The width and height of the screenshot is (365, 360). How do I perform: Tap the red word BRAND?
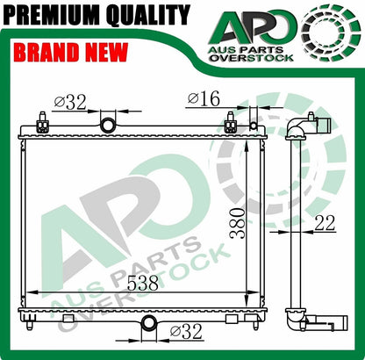click(47, 52)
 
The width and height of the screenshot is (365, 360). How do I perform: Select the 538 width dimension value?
click(143, 283)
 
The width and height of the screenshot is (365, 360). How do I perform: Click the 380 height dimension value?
click(237, 223)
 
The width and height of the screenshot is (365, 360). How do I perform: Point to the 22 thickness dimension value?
click(324, 223)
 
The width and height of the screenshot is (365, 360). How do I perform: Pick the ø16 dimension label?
click(204, 98)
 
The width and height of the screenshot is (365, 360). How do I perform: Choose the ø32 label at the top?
click(70, 102)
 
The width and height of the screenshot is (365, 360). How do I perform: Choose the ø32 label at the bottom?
click(186, 332)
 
